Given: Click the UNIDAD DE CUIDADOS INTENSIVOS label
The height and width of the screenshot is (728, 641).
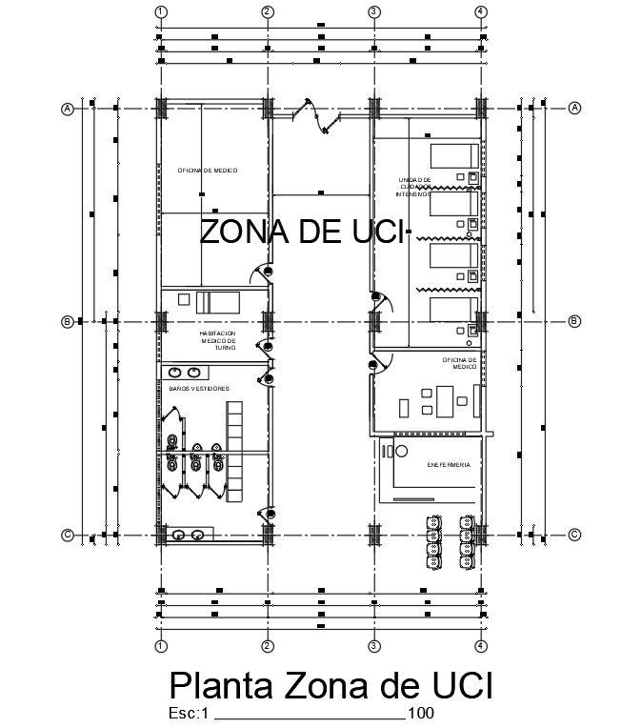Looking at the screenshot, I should point(415,186).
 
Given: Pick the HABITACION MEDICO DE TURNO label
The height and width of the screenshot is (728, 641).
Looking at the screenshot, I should point(217,340).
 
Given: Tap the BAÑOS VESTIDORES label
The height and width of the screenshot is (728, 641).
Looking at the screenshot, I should point(198,389).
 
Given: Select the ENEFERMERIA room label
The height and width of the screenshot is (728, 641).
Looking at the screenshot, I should point(448,465).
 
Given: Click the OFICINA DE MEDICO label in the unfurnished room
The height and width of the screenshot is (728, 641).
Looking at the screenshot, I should point(208,170).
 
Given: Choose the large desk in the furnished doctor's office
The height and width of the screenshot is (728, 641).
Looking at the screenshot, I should point(443,398).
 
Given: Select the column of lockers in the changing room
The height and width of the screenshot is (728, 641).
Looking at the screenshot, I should point(234,450).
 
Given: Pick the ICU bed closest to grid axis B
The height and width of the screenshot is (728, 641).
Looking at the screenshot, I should point(452,312).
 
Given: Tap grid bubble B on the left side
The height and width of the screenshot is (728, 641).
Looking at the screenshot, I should point(68,322).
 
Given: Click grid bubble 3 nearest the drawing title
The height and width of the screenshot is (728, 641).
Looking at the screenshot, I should point(374,646).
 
